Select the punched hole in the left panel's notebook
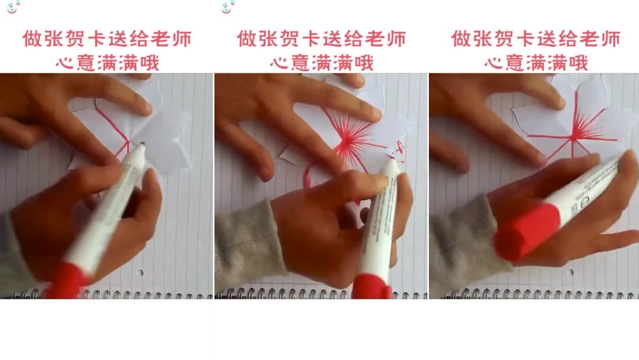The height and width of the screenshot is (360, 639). (140, 272)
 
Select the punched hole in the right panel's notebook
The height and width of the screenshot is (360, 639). (569, 272)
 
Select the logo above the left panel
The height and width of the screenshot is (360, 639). (13, 7)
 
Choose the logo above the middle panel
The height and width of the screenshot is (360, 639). (228, 7)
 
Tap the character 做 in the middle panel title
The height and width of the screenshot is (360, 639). (247, 40)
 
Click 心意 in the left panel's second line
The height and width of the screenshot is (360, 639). (78, 62)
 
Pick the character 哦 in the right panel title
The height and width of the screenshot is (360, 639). (578, 62)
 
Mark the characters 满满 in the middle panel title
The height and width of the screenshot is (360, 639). (333, 62)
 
